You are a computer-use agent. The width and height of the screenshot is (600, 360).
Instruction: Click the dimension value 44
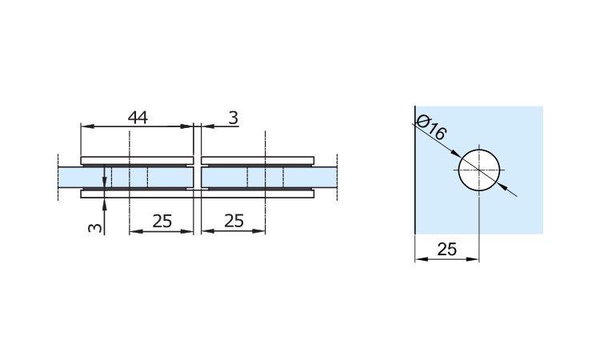click(x=138, y=118)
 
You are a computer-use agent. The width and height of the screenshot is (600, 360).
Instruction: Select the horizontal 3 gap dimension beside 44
click(x=233, y=118)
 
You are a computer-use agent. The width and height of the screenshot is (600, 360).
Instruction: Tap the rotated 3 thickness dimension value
click(x=95, y=228)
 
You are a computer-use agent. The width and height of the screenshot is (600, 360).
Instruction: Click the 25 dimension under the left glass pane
click(x=162, y=221)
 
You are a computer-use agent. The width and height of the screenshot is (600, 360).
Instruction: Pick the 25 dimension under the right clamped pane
click(x=234, y=221)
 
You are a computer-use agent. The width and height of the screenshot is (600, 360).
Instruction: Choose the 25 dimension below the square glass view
click(x=447, y=250)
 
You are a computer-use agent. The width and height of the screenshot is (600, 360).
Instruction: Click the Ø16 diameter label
click(x=430, y=127)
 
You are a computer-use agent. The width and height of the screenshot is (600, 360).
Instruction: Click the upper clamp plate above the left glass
click(x=137, y=160)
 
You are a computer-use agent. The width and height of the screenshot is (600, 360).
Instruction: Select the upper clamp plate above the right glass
click(x=258, y=160)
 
